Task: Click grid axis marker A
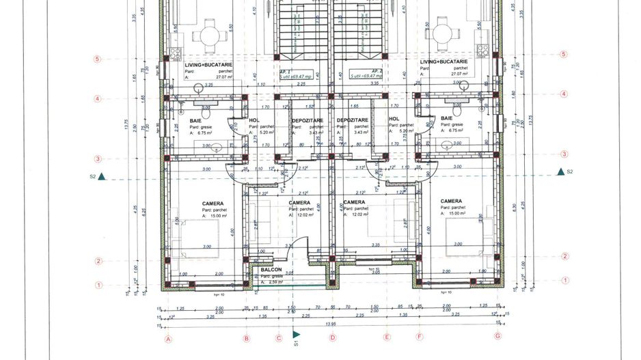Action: [167, 337]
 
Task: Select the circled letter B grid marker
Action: [247, 337]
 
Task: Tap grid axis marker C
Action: [279, 337]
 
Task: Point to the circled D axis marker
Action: [331, 337]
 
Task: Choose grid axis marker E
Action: [386, 337]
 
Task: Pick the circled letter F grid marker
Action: [420, 337]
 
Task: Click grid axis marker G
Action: [497, 336]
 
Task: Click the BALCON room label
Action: [271, 270]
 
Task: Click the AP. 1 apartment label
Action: [285, 70]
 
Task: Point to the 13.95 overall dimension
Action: [332, 327]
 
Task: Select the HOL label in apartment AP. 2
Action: [394, 119]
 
